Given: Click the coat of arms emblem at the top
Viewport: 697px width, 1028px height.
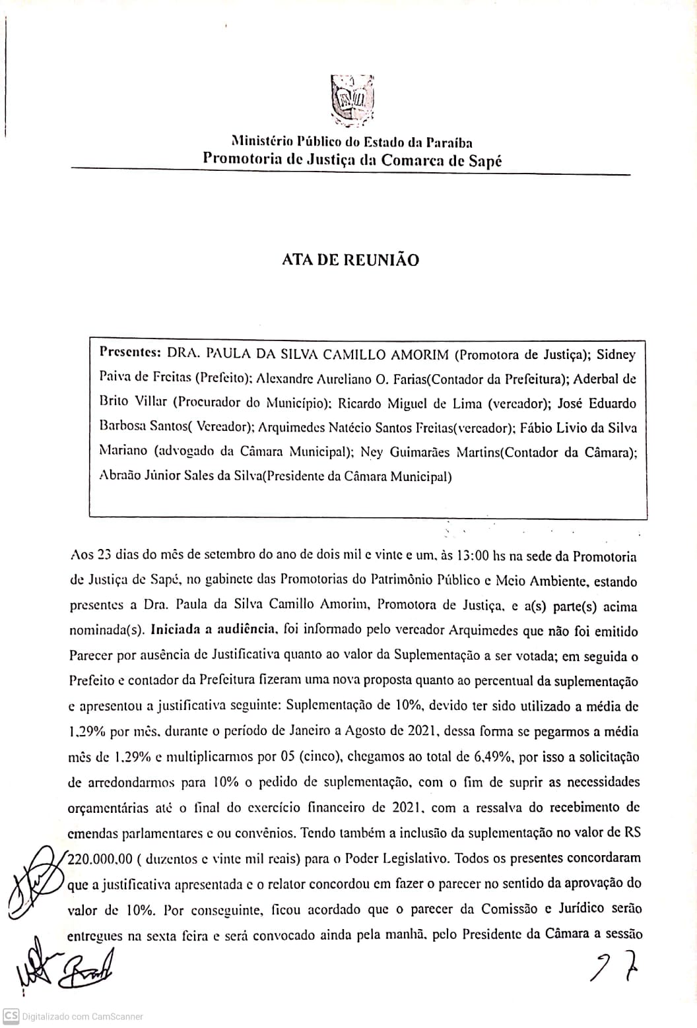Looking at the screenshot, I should (353, 100).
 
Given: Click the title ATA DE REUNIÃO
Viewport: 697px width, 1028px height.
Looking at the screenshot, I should (350, 260).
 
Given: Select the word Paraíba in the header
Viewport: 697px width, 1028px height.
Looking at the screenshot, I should (449, 142).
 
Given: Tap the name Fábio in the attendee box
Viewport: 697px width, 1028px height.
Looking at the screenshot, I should (540, 428).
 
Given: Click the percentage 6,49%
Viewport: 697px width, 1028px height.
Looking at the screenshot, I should (494, 757).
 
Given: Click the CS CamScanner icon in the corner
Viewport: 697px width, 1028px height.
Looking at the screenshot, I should (10, 1015).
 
